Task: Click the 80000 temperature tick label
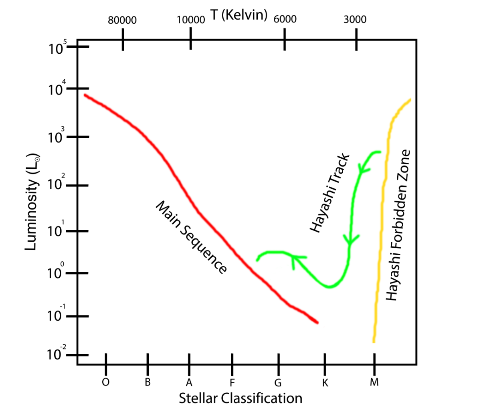click(122, 20)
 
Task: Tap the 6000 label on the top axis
click(285, 19)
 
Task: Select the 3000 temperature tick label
click(355, 20)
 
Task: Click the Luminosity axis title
click(32, 202)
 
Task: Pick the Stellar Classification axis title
click(240, 398)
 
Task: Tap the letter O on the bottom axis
click(106, 382)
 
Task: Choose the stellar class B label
click(148, 382)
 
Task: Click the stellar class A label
click(188, 382)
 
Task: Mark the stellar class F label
click(232, 382)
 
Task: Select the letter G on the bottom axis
click(277, 382)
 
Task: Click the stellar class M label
click(374, 382)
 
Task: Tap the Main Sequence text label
click(191, 237)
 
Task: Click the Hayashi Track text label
click(330, 193)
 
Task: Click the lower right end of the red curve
click(317, 322)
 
